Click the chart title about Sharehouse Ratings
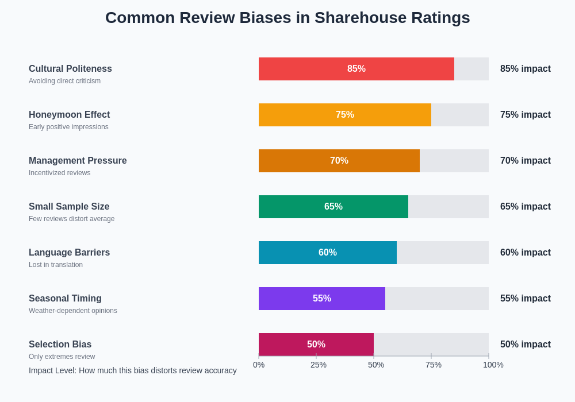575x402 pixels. coord(287,18)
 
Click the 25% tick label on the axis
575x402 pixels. coord(319,365)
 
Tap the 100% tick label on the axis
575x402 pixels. coord(493,365)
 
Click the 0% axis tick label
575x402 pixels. coord(259,365)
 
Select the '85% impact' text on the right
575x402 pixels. coord(525,69)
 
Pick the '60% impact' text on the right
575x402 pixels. coord(525,253)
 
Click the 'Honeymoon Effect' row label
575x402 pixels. coord(69,115)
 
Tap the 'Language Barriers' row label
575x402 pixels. coord(69,253)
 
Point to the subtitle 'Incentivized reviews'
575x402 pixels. coord(59,173)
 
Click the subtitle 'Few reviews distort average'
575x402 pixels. coord(71,219)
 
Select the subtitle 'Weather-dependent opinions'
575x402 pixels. coord(72,311)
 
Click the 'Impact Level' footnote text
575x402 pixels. coord(132,370)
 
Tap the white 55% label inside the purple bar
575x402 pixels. coord(322,299)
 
